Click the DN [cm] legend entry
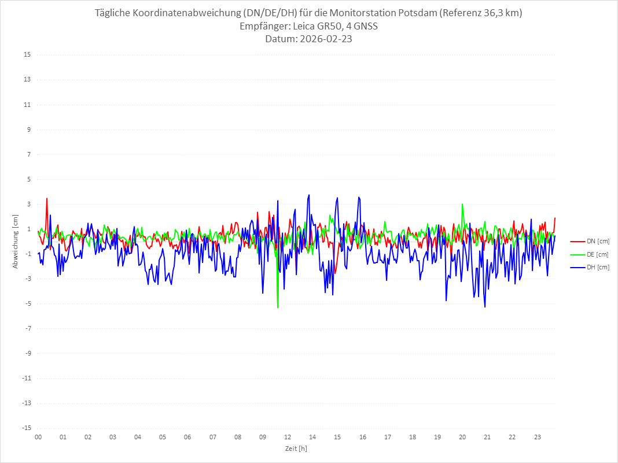(597, 241)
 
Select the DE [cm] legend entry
(597, 254)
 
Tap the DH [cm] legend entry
(597, 267)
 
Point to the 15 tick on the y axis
(27, 55)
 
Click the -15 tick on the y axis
(26, 428)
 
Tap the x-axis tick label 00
(38, 438)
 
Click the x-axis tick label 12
(288, 438)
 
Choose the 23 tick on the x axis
(537, 438)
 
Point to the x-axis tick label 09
(263, 438)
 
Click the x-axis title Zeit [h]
(296, 449)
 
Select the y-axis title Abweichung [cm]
(16, 242)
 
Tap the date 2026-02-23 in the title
(323, 39)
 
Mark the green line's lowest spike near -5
(278, 307)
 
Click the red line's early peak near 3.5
(47, 199)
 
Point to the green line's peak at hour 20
(462, 204)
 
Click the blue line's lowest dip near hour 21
(484, 306)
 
